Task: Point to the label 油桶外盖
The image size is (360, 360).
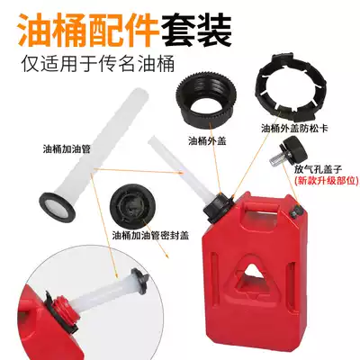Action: click(x=208, y=141)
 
